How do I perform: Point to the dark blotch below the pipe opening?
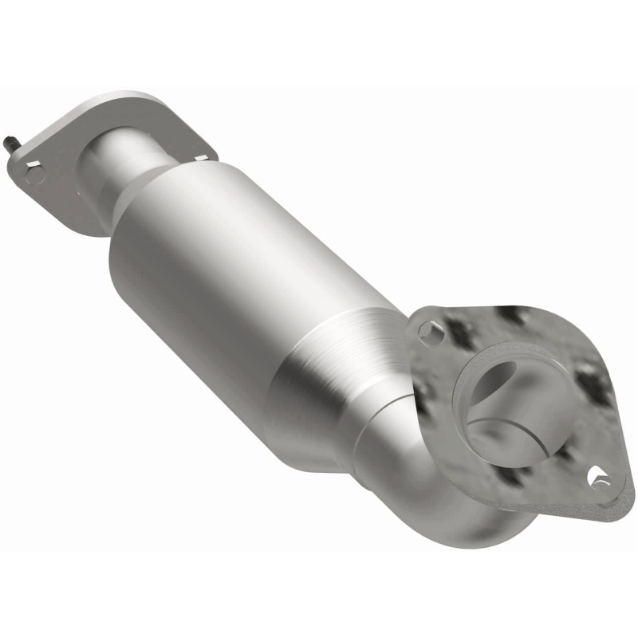click(x=510, y=478)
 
